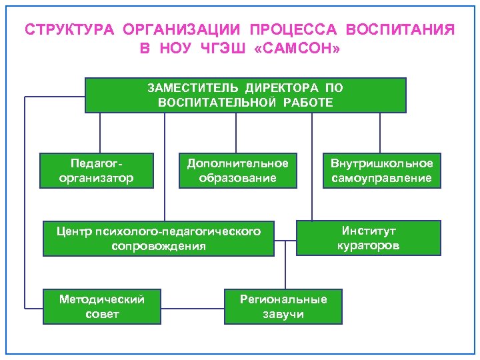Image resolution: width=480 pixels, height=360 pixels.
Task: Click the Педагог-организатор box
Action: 97,171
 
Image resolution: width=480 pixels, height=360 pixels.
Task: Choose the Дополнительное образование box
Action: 238,171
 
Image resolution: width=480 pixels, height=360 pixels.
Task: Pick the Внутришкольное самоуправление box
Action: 382,171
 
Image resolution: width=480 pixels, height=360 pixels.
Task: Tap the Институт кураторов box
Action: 369,238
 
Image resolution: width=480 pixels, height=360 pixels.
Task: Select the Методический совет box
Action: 102,306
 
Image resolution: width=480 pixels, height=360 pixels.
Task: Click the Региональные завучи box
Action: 283,306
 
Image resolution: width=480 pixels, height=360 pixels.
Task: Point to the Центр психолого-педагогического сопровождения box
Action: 159,239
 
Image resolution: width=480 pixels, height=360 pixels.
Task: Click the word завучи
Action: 283,314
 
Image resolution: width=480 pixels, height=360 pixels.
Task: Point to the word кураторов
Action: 369,246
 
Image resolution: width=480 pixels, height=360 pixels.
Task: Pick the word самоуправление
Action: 382,179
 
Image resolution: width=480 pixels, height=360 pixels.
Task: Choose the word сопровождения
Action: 159,247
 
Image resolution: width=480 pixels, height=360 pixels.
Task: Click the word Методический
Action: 102,298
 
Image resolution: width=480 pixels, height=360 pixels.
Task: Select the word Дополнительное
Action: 238,163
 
